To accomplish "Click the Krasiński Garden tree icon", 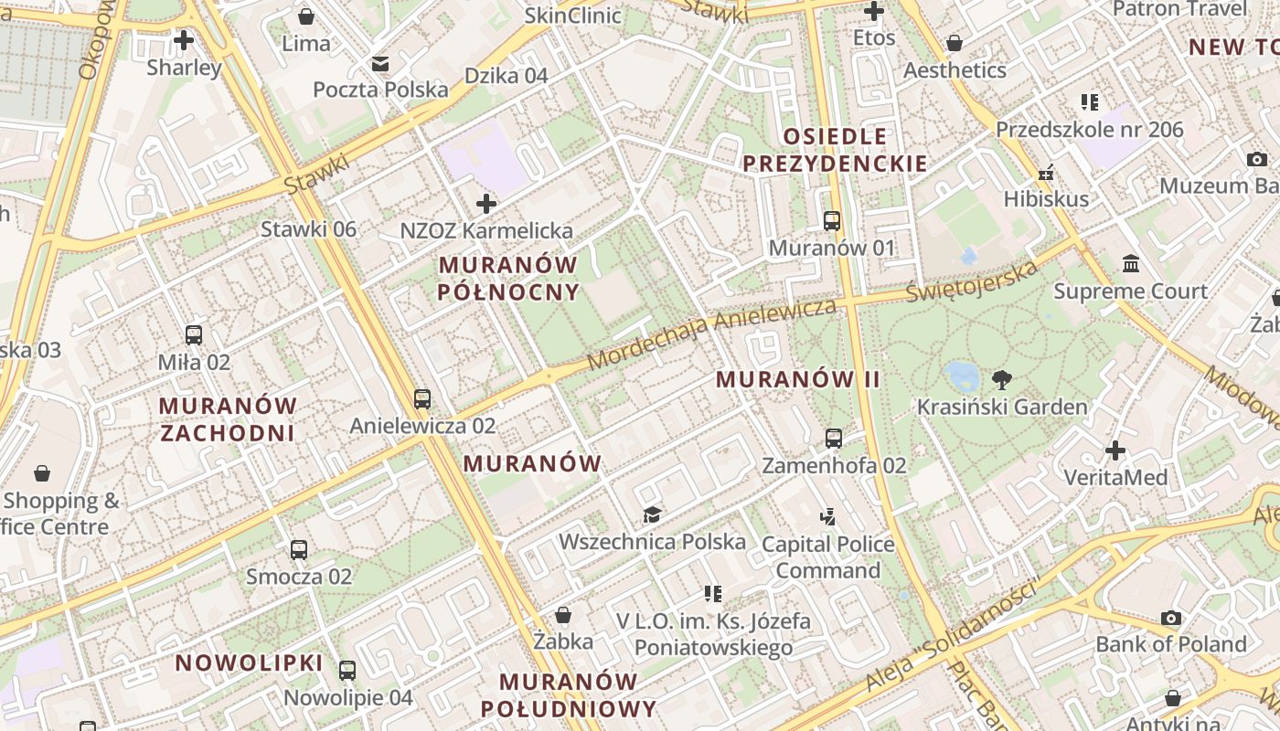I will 1002,379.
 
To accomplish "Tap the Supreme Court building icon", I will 1131,264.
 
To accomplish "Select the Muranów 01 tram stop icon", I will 831,221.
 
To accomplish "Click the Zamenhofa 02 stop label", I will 834,465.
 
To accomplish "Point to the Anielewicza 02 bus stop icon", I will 421,399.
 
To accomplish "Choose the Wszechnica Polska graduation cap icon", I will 651,515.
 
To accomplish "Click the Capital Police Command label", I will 827,557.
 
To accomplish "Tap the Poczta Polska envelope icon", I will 380,63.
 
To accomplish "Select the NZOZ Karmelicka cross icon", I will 486,204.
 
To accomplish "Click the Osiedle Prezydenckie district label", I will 834,151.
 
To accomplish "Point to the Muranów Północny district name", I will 508,279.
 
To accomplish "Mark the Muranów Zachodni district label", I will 228,419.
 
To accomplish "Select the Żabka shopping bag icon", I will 563,615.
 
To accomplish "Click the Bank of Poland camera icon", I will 1170,619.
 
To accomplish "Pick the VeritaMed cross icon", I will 1115,450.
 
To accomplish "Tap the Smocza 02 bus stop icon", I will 299,550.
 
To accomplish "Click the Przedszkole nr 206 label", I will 1089,130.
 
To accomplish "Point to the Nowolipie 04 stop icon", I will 347,671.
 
